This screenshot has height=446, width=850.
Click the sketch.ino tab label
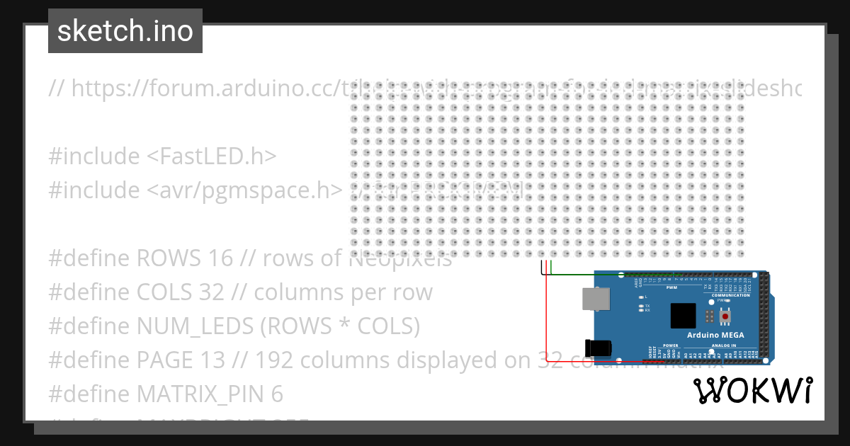pyautogui.click(x=125, y=31)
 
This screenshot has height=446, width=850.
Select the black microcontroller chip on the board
pyautogui.click(x=684, y=315)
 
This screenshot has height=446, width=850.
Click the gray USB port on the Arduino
pyautogui.click(x=595, y=299)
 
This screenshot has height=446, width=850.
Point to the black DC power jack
pyautogui.click(x=598, y=349)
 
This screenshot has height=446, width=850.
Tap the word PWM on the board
pyautogui.click(x=672, y=287)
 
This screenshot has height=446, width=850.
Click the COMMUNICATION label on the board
pyautogui.click(x=731, y=295)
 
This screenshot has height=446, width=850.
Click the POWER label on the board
pyautogui.click(x=670, y=345)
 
